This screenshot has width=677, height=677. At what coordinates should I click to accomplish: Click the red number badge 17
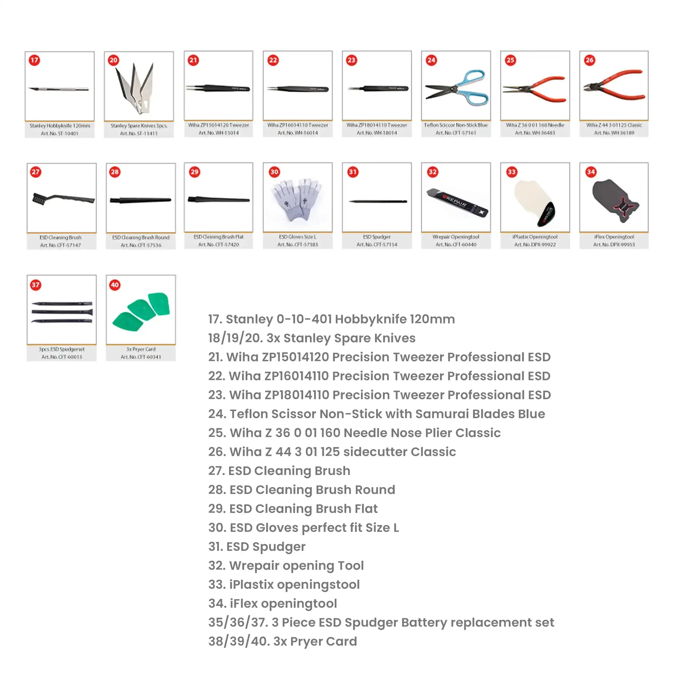[x=34, y=60]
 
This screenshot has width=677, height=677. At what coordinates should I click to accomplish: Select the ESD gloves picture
[x=297, y=199]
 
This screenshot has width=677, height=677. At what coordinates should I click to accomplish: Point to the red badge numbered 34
[x=590, y=172]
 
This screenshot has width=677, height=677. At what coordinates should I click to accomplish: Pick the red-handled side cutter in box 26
[x=615, y=87]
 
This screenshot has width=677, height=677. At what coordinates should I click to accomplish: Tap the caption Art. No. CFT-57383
[x=298, y=244]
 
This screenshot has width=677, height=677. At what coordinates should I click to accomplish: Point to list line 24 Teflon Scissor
[x=376, y=414]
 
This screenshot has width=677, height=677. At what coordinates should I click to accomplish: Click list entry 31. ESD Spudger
[x=257, y=546]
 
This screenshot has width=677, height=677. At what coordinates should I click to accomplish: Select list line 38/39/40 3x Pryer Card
[x=282, y=641]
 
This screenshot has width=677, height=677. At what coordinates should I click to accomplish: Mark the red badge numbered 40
[x=115, y=285]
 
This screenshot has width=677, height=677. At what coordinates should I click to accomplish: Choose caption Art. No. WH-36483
[x=535, y=133]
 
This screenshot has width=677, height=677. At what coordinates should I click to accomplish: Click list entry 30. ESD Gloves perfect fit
[x=303, y=528]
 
